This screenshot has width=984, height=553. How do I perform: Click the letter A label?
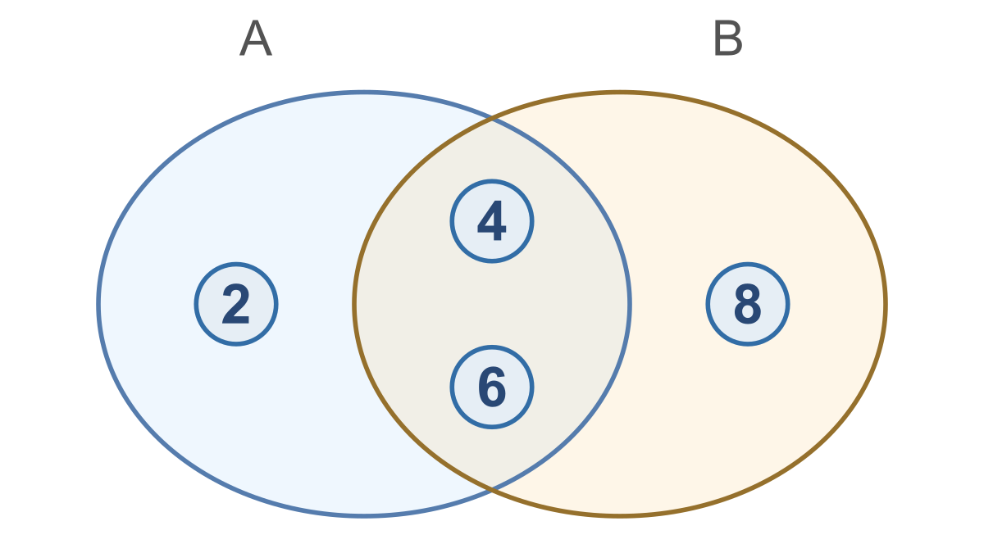(256, 38)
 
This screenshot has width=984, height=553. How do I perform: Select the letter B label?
(728, 38)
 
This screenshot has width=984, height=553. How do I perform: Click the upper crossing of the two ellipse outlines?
(492, 119)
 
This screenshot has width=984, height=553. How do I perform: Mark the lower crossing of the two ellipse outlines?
(492, 488)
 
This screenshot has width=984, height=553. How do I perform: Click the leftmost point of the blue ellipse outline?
(98, 304)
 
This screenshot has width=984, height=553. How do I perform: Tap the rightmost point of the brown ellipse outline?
(886, 304)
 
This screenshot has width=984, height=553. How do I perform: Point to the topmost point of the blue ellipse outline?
(364, 93)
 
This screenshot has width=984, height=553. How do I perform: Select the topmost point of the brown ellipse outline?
(620, 93)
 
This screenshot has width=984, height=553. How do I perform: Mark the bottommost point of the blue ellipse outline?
(364, 515)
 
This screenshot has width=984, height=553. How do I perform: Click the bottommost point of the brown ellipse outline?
(620, 515)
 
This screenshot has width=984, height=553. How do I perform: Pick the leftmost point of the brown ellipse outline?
(354, 304)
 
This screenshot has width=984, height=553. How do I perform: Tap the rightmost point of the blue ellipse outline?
(630, 304)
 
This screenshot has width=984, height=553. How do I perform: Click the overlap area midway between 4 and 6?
(492, 304)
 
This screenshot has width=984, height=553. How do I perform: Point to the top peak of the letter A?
(256, 20)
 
